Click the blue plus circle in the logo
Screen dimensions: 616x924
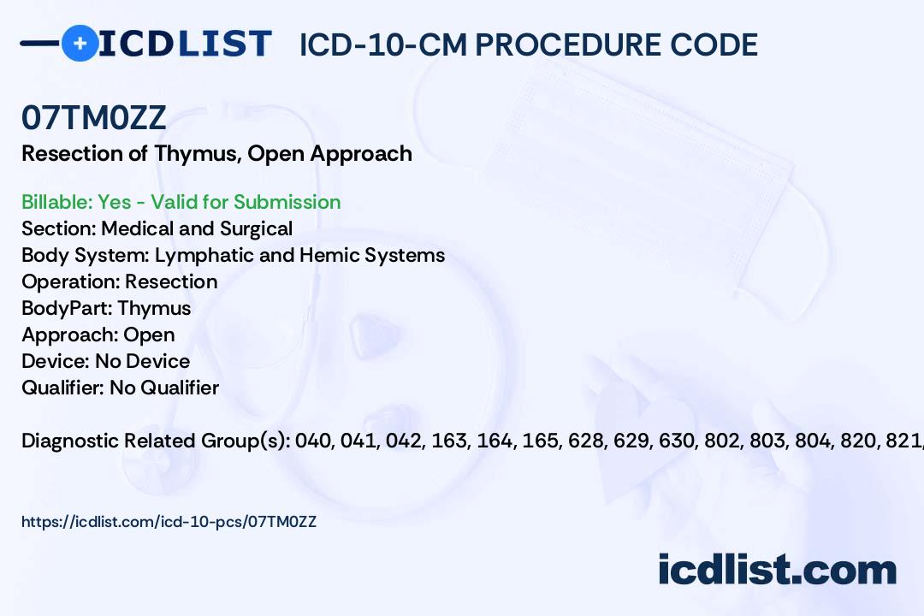point(80,43)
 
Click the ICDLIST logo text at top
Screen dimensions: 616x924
point(185,44)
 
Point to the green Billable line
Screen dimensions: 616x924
point(181,202)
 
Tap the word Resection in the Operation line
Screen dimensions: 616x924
point(171,281)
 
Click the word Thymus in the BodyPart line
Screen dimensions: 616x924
point(154,308)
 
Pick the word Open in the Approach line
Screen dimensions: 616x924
point(149,335)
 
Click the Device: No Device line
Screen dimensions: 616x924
point(106,361)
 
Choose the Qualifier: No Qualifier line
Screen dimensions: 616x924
point(120,388)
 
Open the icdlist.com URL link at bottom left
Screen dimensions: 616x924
point(169,521)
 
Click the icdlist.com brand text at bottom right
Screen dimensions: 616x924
point(777,570)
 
